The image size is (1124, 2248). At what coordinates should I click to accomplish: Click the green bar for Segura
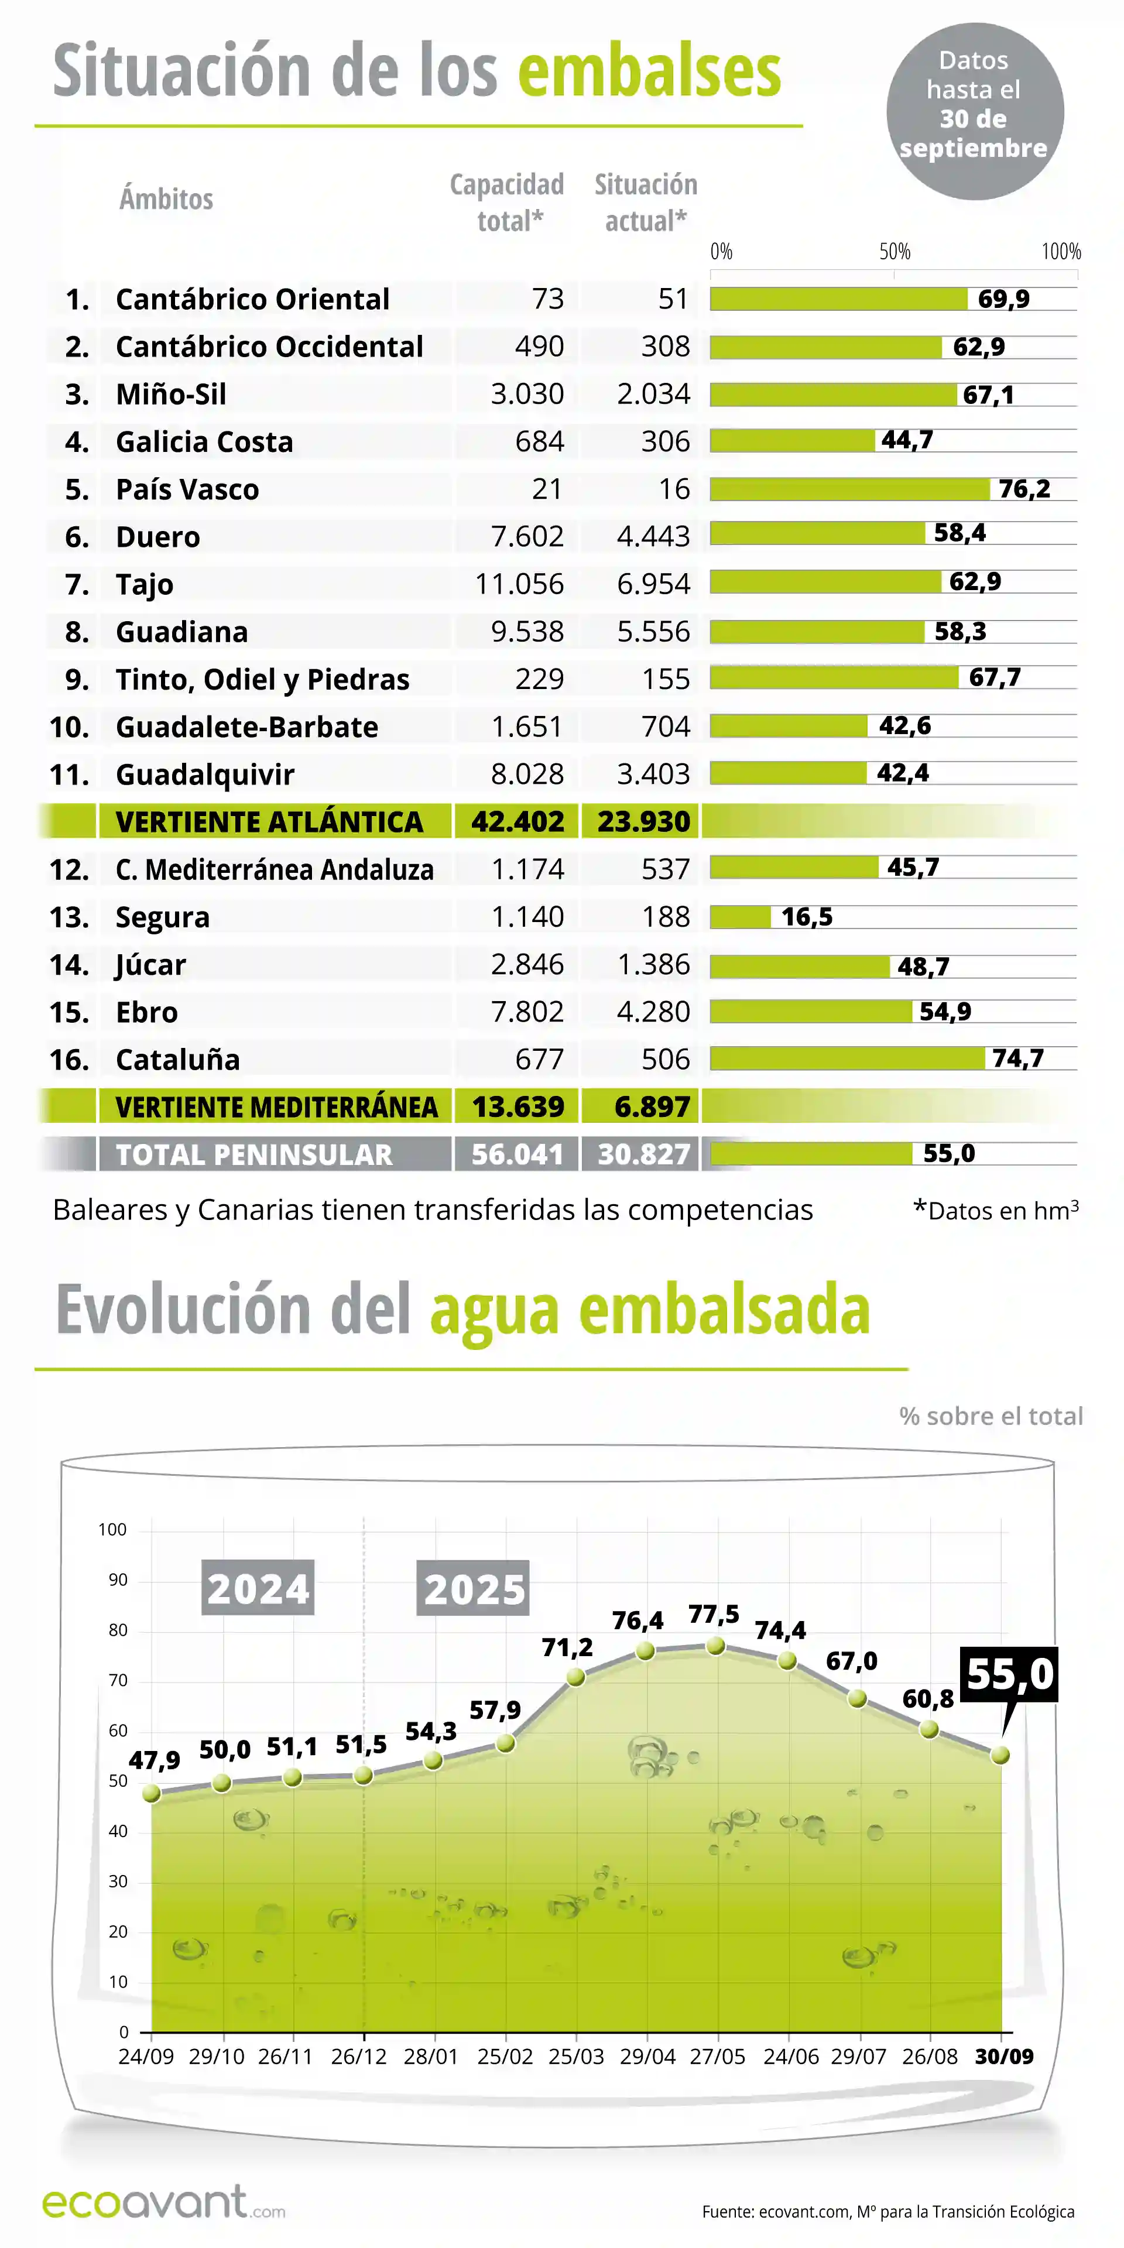tap(740, 916)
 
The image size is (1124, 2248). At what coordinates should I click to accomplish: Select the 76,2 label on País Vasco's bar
tap(1024, 489)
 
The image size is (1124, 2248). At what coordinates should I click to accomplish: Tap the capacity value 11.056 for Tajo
tap(519, 584)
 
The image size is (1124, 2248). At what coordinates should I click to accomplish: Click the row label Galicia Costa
tap(204, 441)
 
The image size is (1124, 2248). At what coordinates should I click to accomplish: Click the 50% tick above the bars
tap(895, 252)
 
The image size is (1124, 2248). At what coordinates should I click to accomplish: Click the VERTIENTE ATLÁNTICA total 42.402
tap(518, 821)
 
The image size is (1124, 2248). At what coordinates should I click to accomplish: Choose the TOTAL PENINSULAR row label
tap(254, 1154)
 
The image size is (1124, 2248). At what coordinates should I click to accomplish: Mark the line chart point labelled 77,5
tap(715, 1645)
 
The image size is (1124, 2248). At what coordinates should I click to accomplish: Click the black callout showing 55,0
tap(1010, 1674)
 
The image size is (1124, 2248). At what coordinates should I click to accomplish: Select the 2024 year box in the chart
tap(258, 1588)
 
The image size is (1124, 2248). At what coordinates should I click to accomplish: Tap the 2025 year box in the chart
tap(474, 1588)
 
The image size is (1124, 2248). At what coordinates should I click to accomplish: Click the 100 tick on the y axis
tap(112, 1529)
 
